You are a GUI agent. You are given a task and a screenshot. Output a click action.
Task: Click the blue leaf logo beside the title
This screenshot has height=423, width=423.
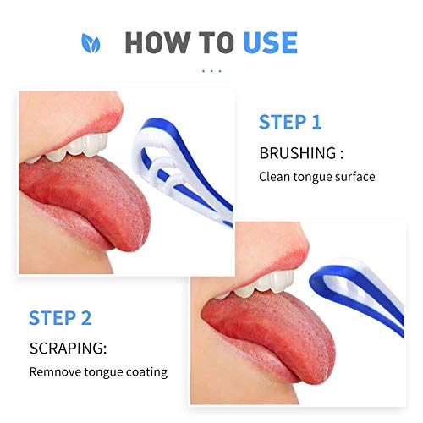click(x=88, y=41)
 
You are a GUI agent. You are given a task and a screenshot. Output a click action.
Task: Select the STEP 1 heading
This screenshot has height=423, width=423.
click(x=289, y=123)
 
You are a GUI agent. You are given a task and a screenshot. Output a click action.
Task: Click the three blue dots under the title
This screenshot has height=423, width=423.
click(x=211, y=71)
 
